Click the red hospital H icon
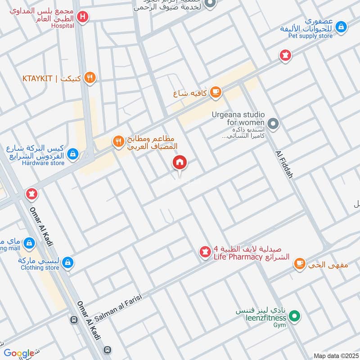point(82,18)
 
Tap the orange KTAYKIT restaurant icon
point(90,78)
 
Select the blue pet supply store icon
point(342,27)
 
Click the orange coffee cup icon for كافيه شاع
point(216,92)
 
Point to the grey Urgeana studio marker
point(272,123)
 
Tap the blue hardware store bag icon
point(72,155)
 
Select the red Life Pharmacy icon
point(205,252)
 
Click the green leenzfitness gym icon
point(294,317)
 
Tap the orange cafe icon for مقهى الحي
point(299,264)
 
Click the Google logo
point(19,353)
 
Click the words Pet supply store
point(310,36)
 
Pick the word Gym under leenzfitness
point(280,325)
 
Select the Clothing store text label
point(40,268)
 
